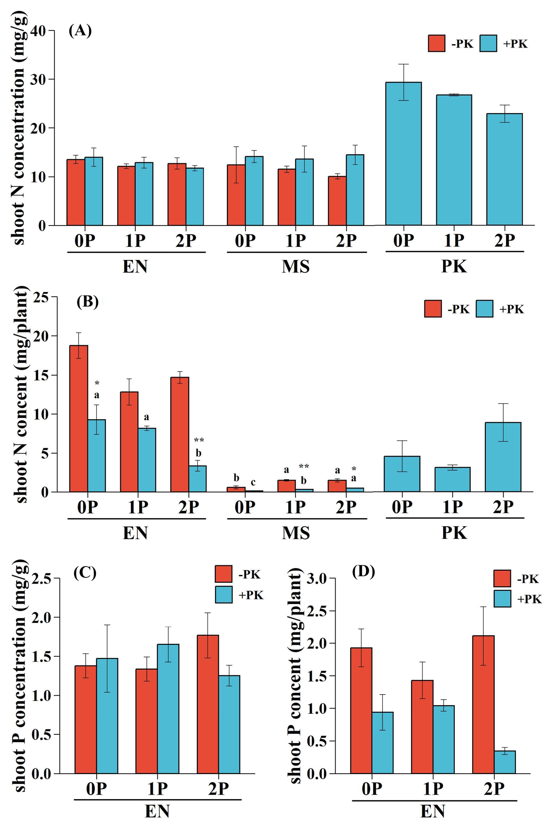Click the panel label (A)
click(80, 31)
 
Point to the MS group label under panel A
click(296, 267)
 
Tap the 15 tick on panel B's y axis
click(43, 375)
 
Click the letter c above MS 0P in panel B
click(253, 483)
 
